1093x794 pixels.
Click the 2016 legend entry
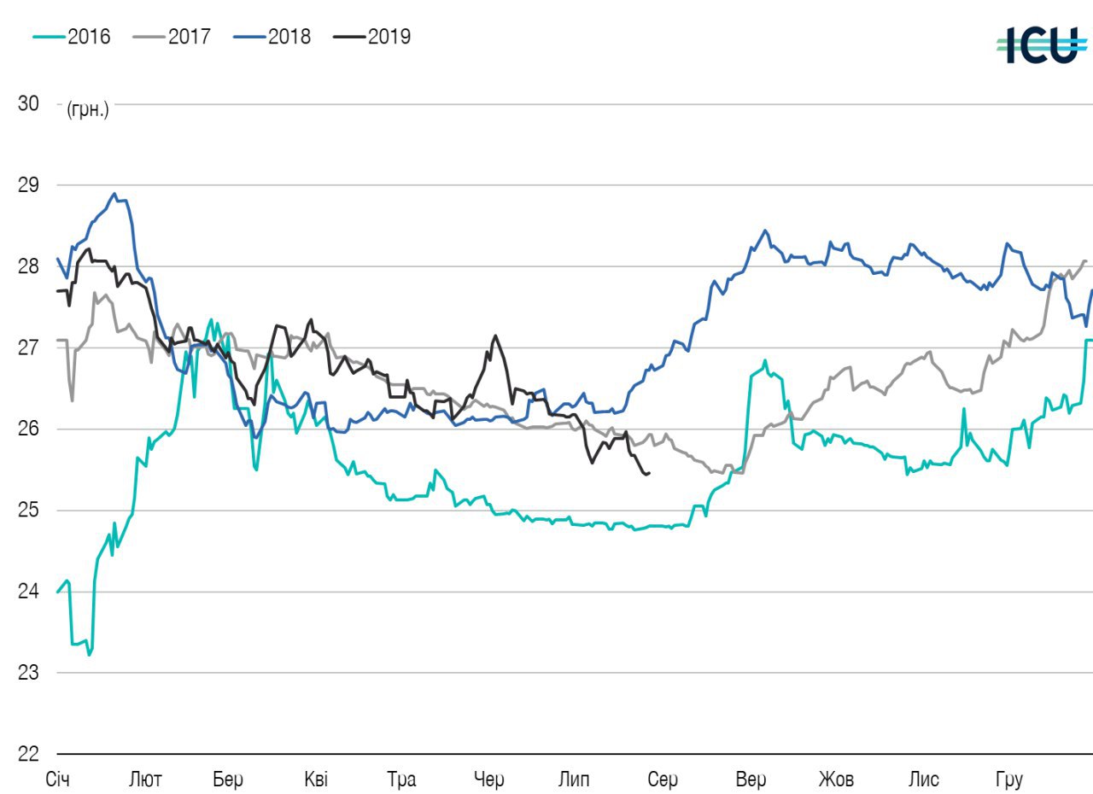tap(72, 37)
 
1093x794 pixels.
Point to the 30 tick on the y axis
tap(28, 103)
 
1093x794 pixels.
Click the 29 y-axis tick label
tap(28, 185)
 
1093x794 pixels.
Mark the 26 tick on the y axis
tap(28, 429)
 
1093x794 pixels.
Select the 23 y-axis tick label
tap(28, 673)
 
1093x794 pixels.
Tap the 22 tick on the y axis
tap(28, 754)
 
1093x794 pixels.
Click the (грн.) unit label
tap(88, 110)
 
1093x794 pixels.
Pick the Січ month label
tap(59, 779)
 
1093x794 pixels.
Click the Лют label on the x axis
tap(145, 779)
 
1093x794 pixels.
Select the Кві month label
tap(315, 779)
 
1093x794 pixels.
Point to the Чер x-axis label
tap(489, 779)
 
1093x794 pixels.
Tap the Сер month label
tap(663, 779)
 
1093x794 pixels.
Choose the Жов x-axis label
tap(836, 779)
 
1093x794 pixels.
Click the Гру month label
tap(1008, 779)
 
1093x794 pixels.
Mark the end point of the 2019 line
tap(650, 473)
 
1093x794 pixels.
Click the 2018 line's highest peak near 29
tap(114, 194)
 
